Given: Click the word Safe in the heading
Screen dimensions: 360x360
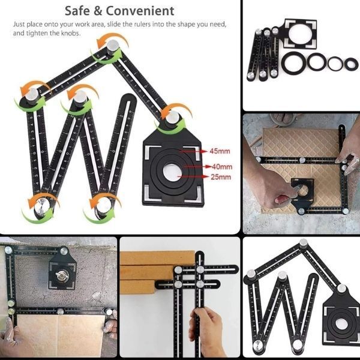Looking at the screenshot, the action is (x=77, y=11).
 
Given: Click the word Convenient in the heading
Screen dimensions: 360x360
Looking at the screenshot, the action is (x=140, y=11).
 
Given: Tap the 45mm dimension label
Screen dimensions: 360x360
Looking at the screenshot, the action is (x=220, y=151).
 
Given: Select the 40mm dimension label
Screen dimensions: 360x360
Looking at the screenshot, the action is (x=222, y=166).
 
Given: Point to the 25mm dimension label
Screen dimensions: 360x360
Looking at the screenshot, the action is (x=221, y=177).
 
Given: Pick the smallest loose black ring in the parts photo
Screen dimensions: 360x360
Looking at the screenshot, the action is (x=351, y=64).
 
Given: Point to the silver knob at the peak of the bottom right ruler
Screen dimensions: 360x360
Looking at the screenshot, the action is (x=303, y=242).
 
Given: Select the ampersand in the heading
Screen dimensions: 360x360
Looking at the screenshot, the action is (x=98, y=11).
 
